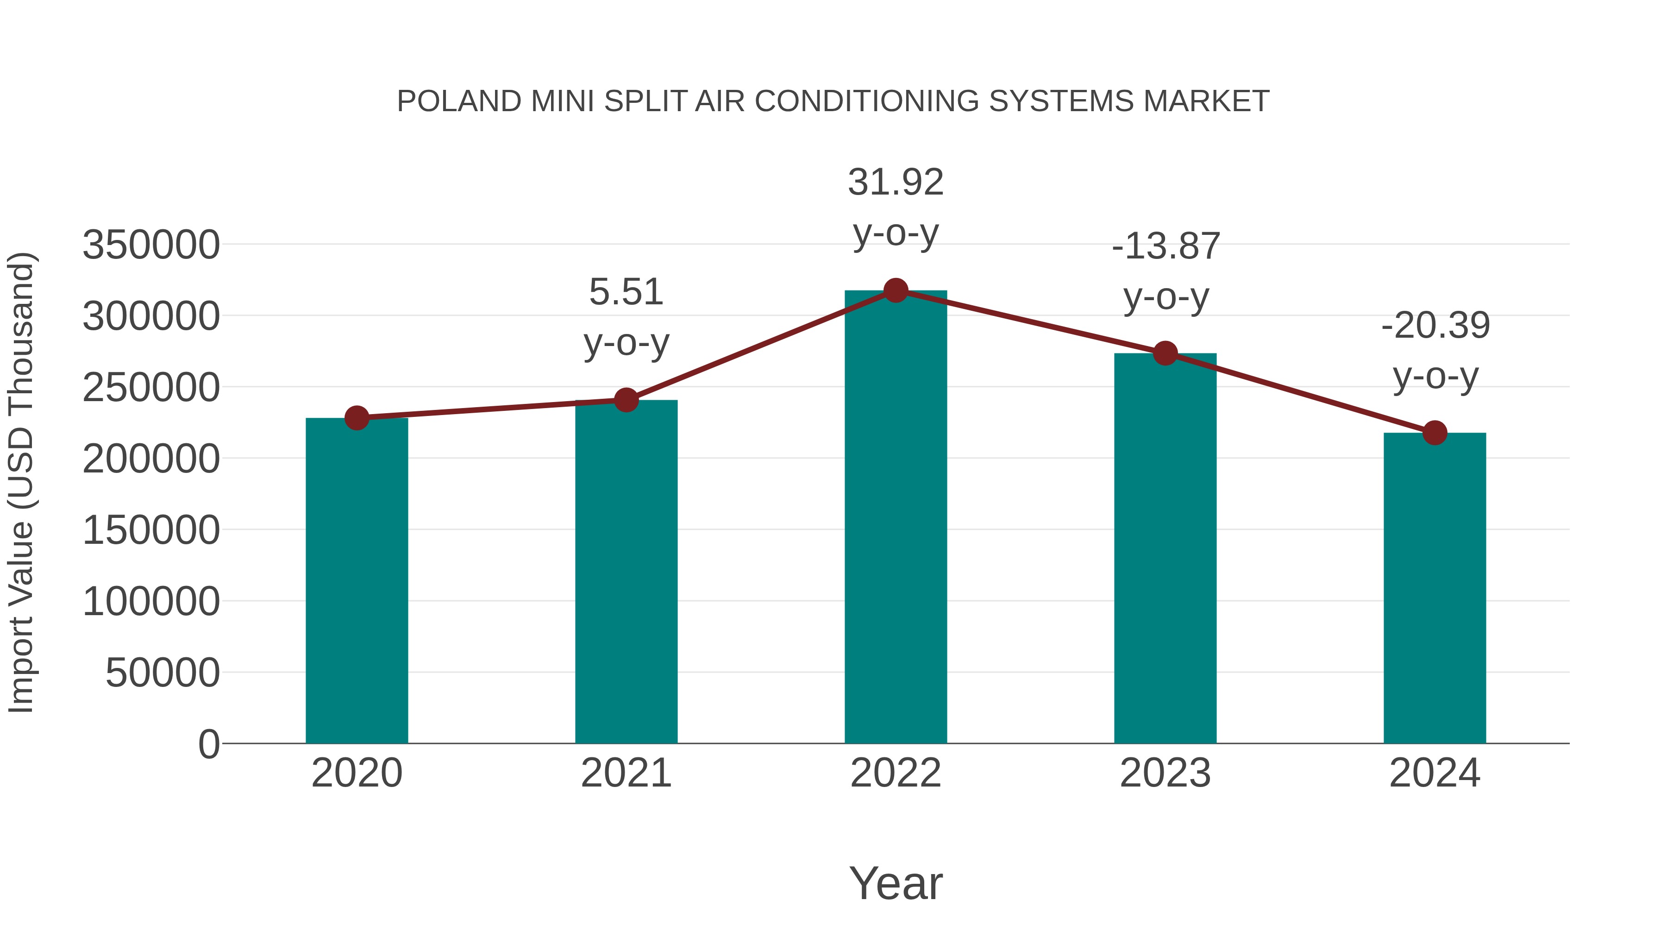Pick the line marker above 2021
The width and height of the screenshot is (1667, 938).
tap(626, 400)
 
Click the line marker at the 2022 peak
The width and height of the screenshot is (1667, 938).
tap(896, 290)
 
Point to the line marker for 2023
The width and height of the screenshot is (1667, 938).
tap(1165, 353)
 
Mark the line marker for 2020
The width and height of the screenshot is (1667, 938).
tap(357, 418)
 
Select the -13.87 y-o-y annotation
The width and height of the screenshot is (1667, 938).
tap(1166, 271)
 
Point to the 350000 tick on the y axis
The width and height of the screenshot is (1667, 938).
tap(151, 246)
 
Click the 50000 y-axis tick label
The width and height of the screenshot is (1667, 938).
tap(163, 673)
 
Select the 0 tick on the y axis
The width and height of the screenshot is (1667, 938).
tap(209, 744)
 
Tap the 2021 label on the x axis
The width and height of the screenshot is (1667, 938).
tap(626, 773)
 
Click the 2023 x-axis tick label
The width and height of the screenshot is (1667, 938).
tap(1165, 773)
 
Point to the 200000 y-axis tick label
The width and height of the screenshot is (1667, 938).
tap(151, 459)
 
